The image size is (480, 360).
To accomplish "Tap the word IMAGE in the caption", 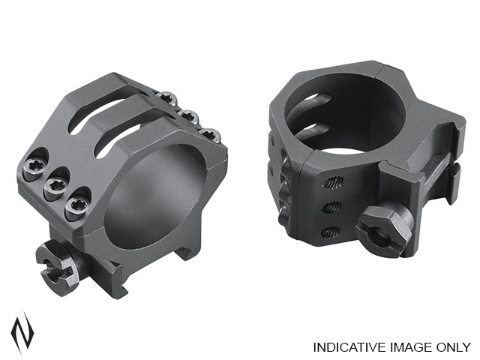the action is [x=409, y=347].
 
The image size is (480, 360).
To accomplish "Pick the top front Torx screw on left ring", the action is [x=35, y=166].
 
